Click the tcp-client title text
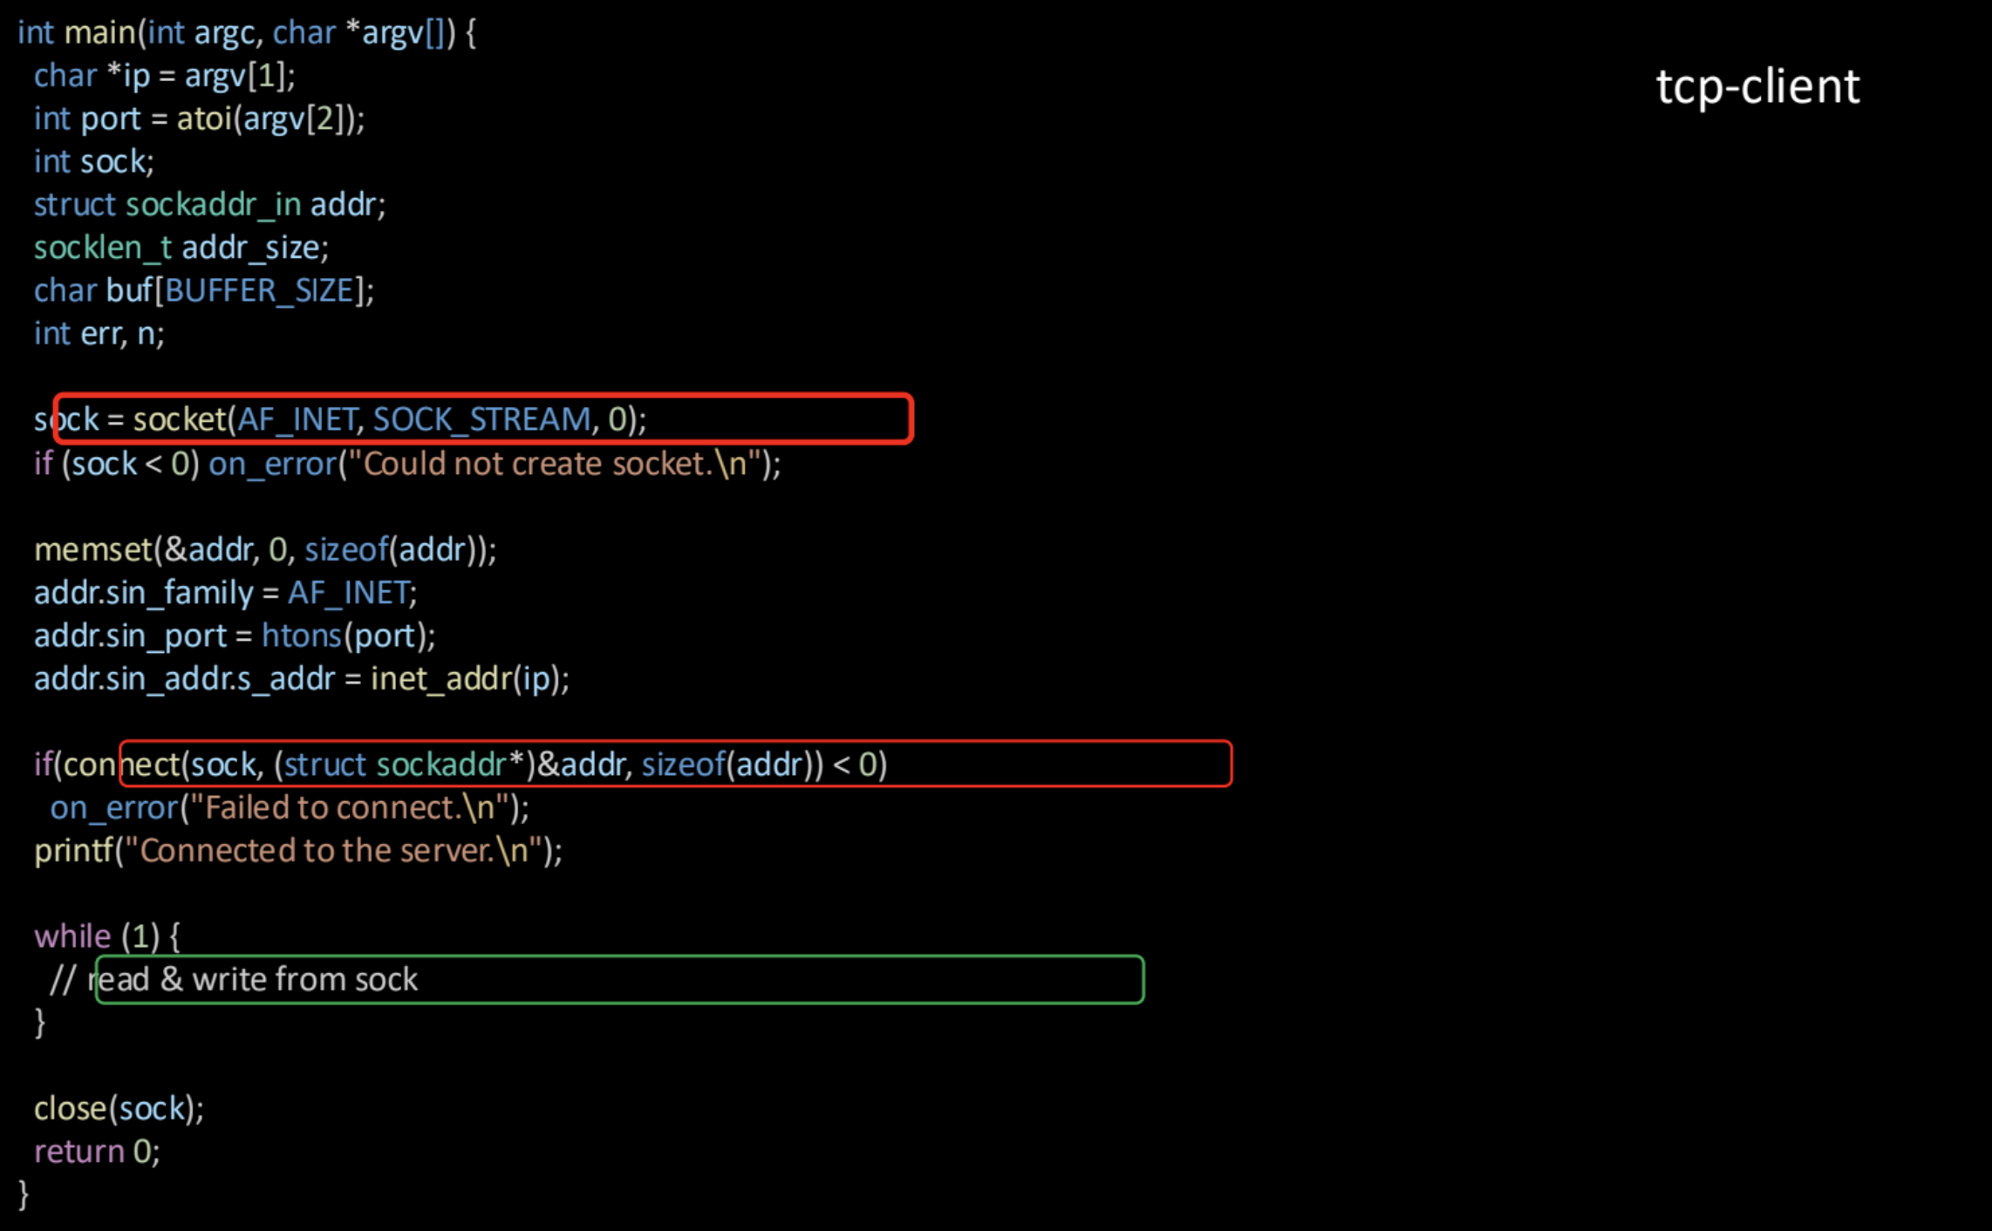pos(1757,87)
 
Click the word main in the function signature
pos(99,33)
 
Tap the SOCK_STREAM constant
pos(481,420)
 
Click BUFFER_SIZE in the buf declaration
pos(259,290)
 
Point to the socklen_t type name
pos(103,248)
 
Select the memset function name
pos(93,550)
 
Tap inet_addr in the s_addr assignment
pos(440,679)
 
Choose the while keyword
pos(72,936)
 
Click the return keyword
pos(79,1153)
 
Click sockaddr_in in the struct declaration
pos(214,205)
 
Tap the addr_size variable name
pos(251,248)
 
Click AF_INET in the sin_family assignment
pos(349,594)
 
